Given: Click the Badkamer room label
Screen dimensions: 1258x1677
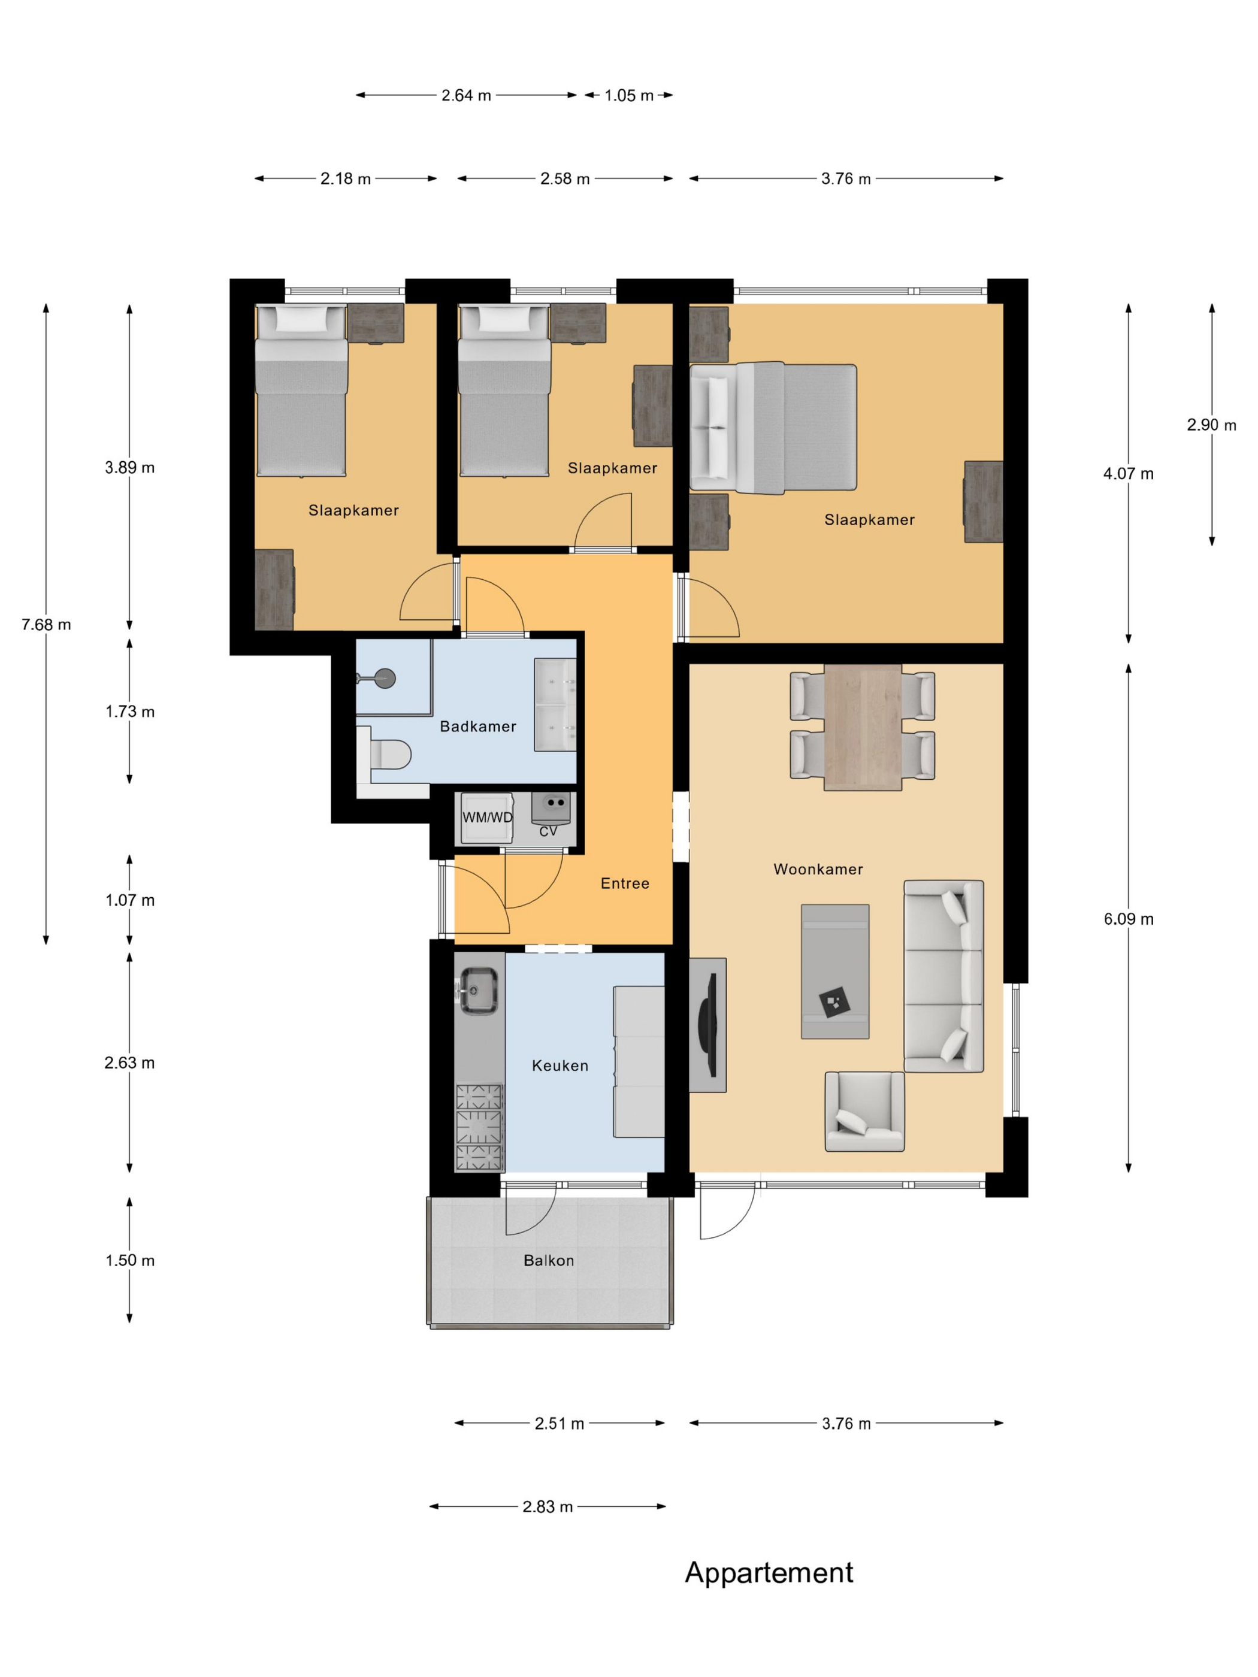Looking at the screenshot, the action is (x=477, y=727).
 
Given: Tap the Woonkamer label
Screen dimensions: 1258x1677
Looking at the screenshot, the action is (x=818, y=869).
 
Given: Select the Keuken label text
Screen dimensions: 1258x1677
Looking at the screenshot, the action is (x=560, y=1065).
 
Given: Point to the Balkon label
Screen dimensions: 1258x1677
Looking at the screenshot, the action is (x=548, y=1260).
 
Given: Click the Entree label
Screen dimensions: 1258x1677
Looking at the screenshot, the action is (x=625, y=883).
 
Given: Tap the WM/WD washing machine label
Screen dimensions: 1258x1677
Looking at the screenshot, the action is (x=488, y=818).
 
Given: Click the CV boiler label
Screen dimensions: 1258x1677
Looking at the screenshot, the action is (x=548, y=831).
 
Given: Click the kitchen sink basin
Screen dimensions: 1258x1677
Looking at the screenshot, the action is (x=479, y=990).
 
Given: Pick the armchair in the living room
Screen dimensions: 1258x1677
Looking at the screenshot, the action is (x=864, y=1112).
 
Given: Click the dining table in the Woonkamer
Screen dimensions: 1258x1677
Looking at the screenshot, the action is (x=863, y=728).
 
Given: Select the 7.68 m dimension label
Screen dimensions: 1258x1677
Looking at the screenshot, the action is (x=46, y=625).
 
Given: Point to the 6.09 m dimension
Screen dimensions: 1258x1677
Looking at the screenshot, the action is (x=1129, y=919).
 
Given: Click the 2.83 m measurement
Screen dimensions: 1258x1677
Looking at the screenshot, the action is (x=548, y=1506).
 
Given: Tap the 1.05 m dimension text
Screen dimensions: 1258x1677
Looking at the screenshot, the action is (x=628, y=95).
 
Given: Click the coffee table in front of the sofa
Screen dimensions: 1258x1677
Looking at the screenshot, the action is (x=835, y=971).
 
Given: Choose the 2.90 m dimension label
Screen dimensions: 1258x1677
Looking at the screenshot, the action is (x=1211, y=425).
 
